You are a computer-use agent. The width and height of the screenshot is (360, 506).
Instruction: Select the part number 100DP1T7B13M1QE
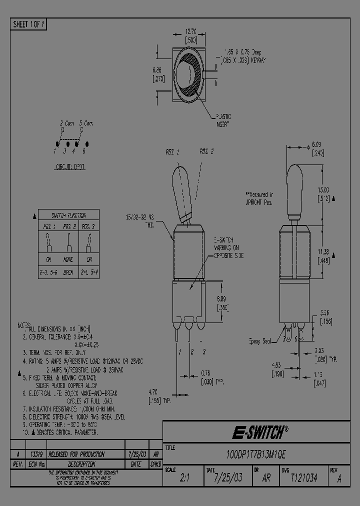coord(256,454)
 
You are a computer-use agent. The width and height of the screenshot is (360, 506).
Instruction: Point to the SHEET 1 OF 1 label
coord(28,24)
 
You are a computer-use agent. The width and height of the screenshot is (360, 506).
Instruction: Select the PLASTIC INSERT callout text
coord(222,120)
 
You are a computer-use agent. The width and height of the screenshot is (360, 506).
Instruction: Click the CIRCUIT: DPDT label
coord(69,167)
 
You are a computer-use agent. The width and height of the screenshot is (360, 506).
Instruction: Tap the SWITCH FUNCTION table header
coord(69,215)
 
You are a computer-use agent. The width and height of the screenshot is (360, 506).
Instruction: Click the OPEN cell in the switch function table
coord(69,272)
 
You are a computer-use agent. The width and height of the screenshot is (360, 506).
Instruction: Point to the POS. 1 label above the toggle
coord(173,151)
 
